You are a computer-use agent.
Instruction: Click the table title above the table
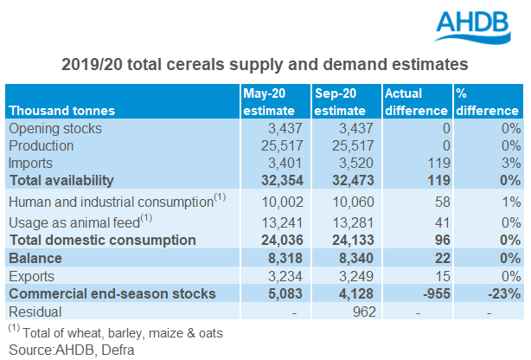pyautogui.click(x=265, y=64)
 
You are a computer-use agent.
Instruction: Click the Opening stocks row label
pyautogui.click(x=54, y=128)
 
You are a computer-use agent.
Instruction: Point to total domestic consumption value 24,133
pyautogui.click(x=349, y=240)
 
